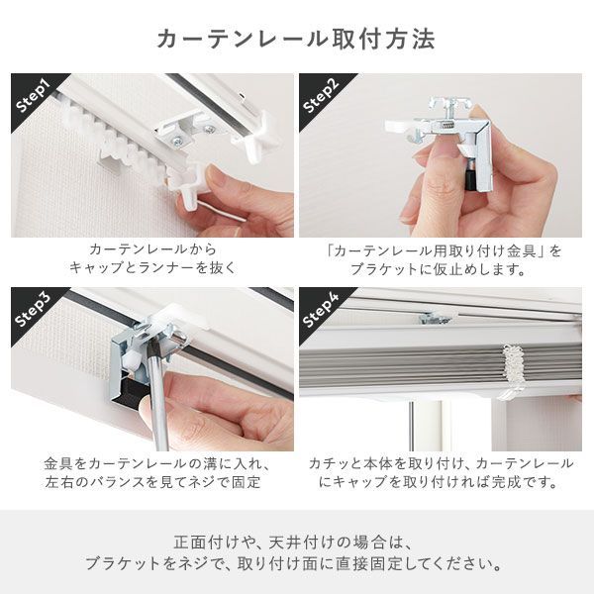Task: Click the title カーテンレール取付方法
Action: (x=296, y=40)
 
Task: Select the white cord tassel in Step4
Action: (x=512, y=371)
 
